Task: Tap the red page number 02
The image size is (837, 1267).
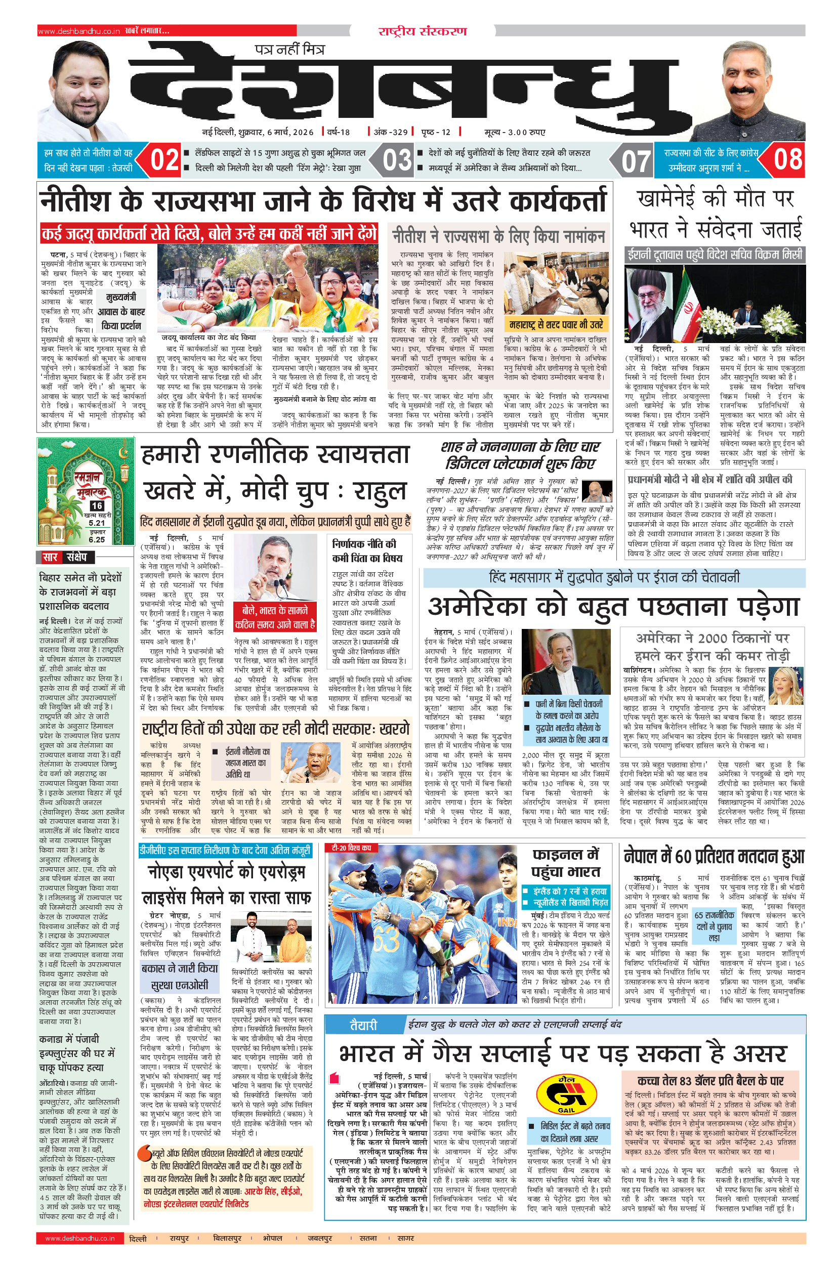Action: point(164,160)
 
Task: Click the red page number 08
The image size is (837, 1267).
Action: point(788,159)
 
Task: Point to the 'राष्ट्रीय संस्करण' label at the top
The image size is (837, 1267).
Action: point(422,31)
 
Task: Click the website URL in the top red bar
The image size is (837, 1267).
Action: point(79,31)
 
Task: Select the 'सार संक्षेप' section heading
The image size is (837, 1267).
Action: point(68,557)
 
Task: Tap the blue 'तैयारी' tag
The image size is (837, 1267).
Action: point(363,1025)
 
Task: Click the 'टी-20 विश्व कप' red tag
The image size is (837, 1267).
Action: point(351,848)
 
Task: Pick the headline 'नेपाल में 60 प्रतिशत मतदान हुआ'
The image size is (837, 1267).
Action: point(714,857)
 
